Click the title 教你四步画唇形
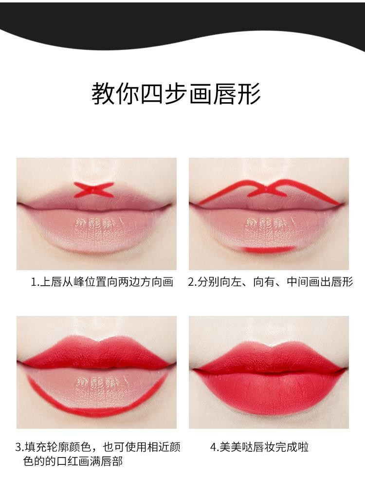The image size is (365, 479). click(176, 93)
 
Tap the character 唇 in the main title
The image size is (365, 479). click(225, 93)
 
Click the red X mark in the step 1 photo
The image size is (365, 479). click(94, 190)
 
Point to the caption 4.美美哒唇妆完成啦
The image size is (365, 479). click(259, 447)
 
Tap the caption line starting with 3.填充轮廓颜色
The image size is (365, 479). click(98, 447)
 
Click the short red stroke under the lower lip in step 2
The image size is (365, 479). click(270, 249)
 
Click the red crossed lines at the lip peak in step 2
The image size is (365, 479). click(267, 190)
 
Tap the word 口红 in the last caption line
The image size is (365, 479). click(68, 461)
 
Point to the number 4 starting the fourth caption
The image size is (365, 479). click(214, 447)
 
